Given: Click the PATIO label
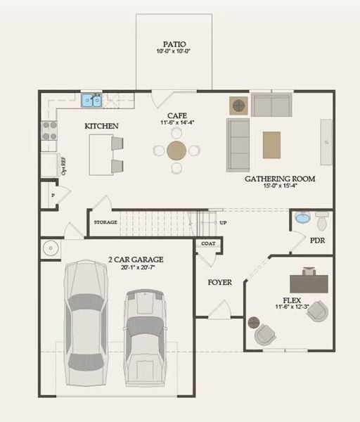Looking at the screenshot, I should pos(174,43).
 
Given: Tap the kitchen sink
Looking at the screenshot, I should pos(91,101).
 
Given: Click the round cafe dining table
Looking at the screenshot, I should pos(176,151).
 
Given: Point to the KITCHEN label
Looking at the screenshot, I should pos(101,127).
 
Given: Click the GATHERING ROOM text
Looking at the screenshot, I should pos(279,179).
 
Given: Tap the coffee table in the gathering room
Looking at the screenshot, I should pos(271,145).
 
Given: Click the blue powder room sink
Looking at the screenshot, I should pos(302,218).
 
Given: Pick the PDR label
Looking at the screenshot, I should pos(318,241).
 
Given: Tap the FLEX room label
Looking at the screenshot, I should pos(287,300).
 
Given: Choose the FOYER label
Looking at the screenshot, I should pos(219,283).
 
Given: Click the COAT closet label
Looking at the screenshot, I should pos(208,244).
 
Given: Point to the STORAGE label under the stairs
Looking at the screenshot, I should pos(105,222).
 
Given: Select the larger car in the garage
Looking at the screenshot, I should pos(86,322).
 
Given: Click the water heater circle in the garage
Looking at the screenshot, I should pos(51,248).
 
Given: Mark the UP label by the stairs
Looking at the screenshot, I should pos(224,222).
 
